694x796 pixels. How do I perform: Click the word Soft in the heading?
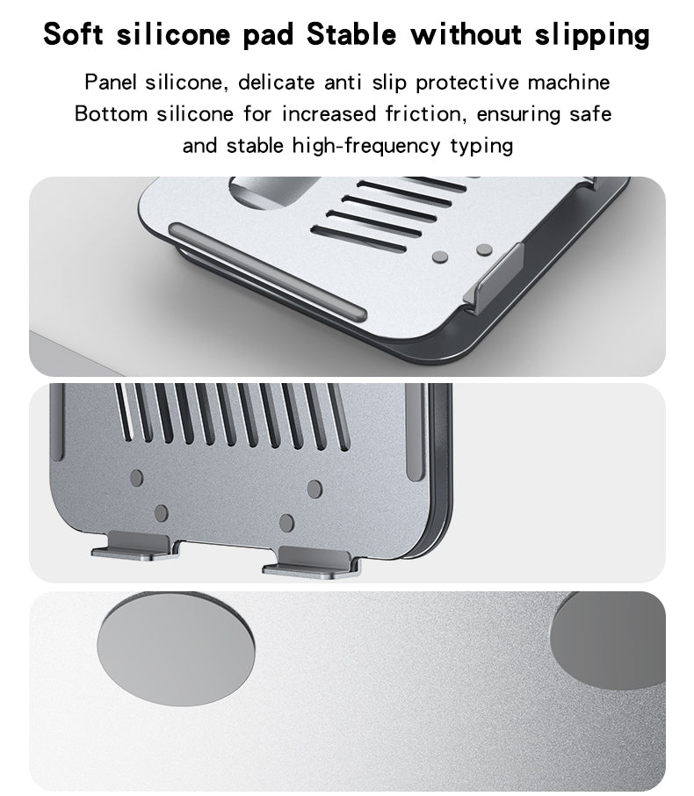click(x=73, y=34)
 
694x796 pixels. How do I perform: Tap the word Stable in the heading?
click(x=351, y=34)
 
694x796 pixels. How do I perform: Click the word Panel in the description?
click(x=110, y=83)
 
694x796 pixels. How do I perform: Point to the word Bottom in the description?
click(x=112, y=113)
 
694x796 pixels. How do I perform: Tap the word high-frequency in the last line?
click(x=366, y=146)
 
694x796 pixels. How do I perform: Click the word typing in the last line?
click(x=481, y=148)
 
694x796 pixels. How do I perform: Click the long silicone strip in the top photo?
click(x=268, y=271)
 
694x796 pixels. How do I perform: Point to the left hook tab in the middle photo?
click(x=134, y=546)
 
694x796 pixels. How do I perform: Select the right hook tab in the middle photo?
click(x=311, y=561)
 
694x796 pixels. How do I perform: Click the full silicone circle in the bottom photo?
click(x=176, y=648)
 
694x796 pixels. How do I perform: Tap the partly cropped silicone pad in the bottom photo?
click(x=608, y=640)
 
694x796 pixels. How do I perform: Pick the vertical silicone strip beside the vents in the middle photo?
click(x=416, y=431)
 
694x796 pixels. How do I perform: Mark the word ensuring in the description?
click(x=518, y=115)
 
